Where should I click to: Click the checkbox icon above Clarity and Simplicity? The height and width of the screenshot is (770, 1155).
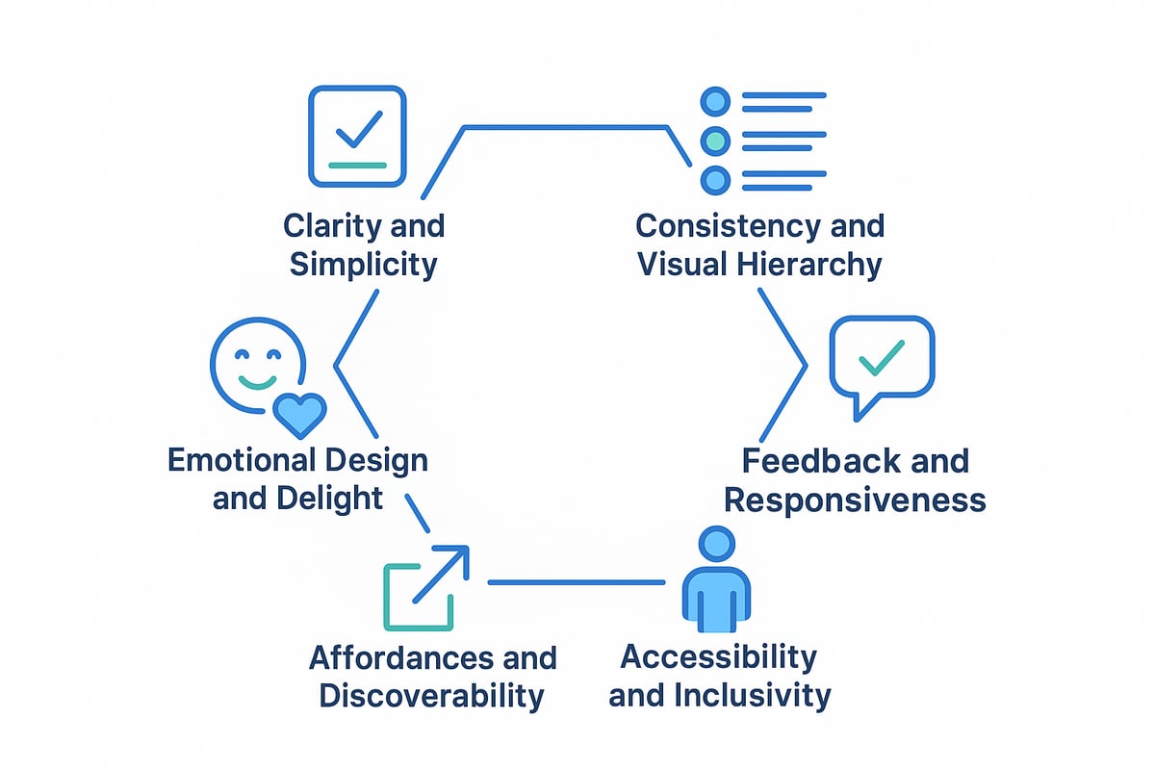point(357,136)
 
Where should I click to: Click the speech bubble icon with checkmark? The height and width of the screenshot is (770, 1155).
point(882,360)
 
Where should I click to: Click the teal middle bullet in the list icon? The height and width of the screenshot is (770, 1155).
point(714,141)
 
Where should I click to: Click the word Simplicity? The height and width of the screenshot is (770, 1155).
point(363,264)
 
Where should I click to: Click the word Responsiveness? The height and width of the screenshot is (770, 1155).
point(855,500)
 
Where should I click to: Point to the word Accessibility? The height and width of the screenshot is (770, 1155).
point(718,657)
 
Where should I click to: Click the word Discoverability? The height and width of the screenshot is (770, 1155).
point(431,695)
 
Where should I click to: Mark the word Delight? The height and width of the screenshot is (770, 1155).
point(337,498)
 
